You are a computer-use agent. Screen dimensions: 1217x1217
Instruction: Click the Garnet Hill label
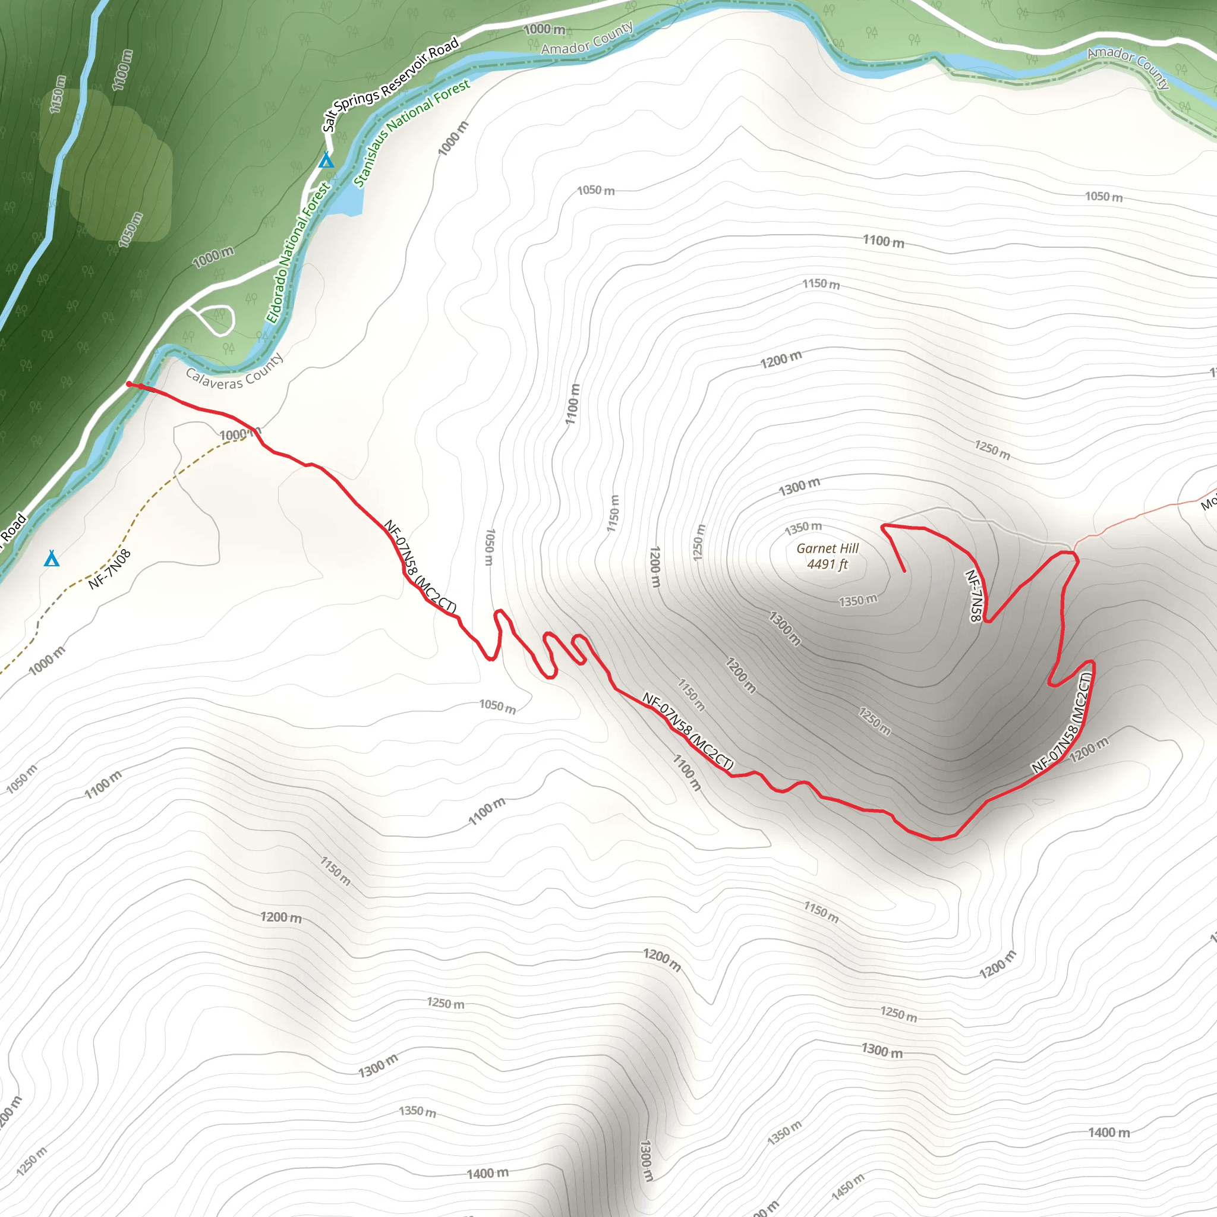[827, 548]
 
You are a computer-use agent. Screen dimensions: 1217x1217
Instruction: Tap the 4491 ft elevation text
[827, 565]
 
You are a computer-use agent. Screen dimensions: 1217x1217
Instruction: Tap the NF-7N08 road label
[109, 569]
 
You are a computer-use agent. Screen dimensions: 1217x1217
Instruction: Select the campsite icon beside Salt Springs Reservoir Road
[326, 160]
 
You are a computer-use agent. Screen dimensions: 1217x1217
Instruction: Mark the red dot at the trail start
[129, 384]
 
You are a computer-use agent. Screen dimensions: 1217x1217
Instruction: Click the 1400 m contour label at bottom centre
[487, 1174]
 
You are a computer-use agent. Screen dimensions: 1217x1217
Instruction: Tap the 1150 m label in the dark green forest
[57, 94]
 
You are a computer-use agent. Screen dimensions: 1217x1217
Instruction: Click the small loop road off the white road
[217, 320]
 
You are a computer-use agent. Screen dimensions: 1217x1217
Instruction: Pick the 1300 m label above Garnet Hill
[799, 487]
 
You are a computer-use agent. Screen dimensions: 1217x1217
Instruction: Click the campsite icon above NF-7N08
[52, 558]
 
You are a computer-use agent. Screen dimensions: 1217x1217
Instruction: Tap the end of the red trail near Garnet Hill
[904, 570]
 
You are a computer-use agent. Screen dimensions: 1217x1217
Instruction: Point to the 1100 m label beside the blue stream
[124, 70]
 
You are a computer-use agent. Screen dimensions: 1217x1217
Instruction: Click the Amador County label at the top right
[1127, 67]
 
